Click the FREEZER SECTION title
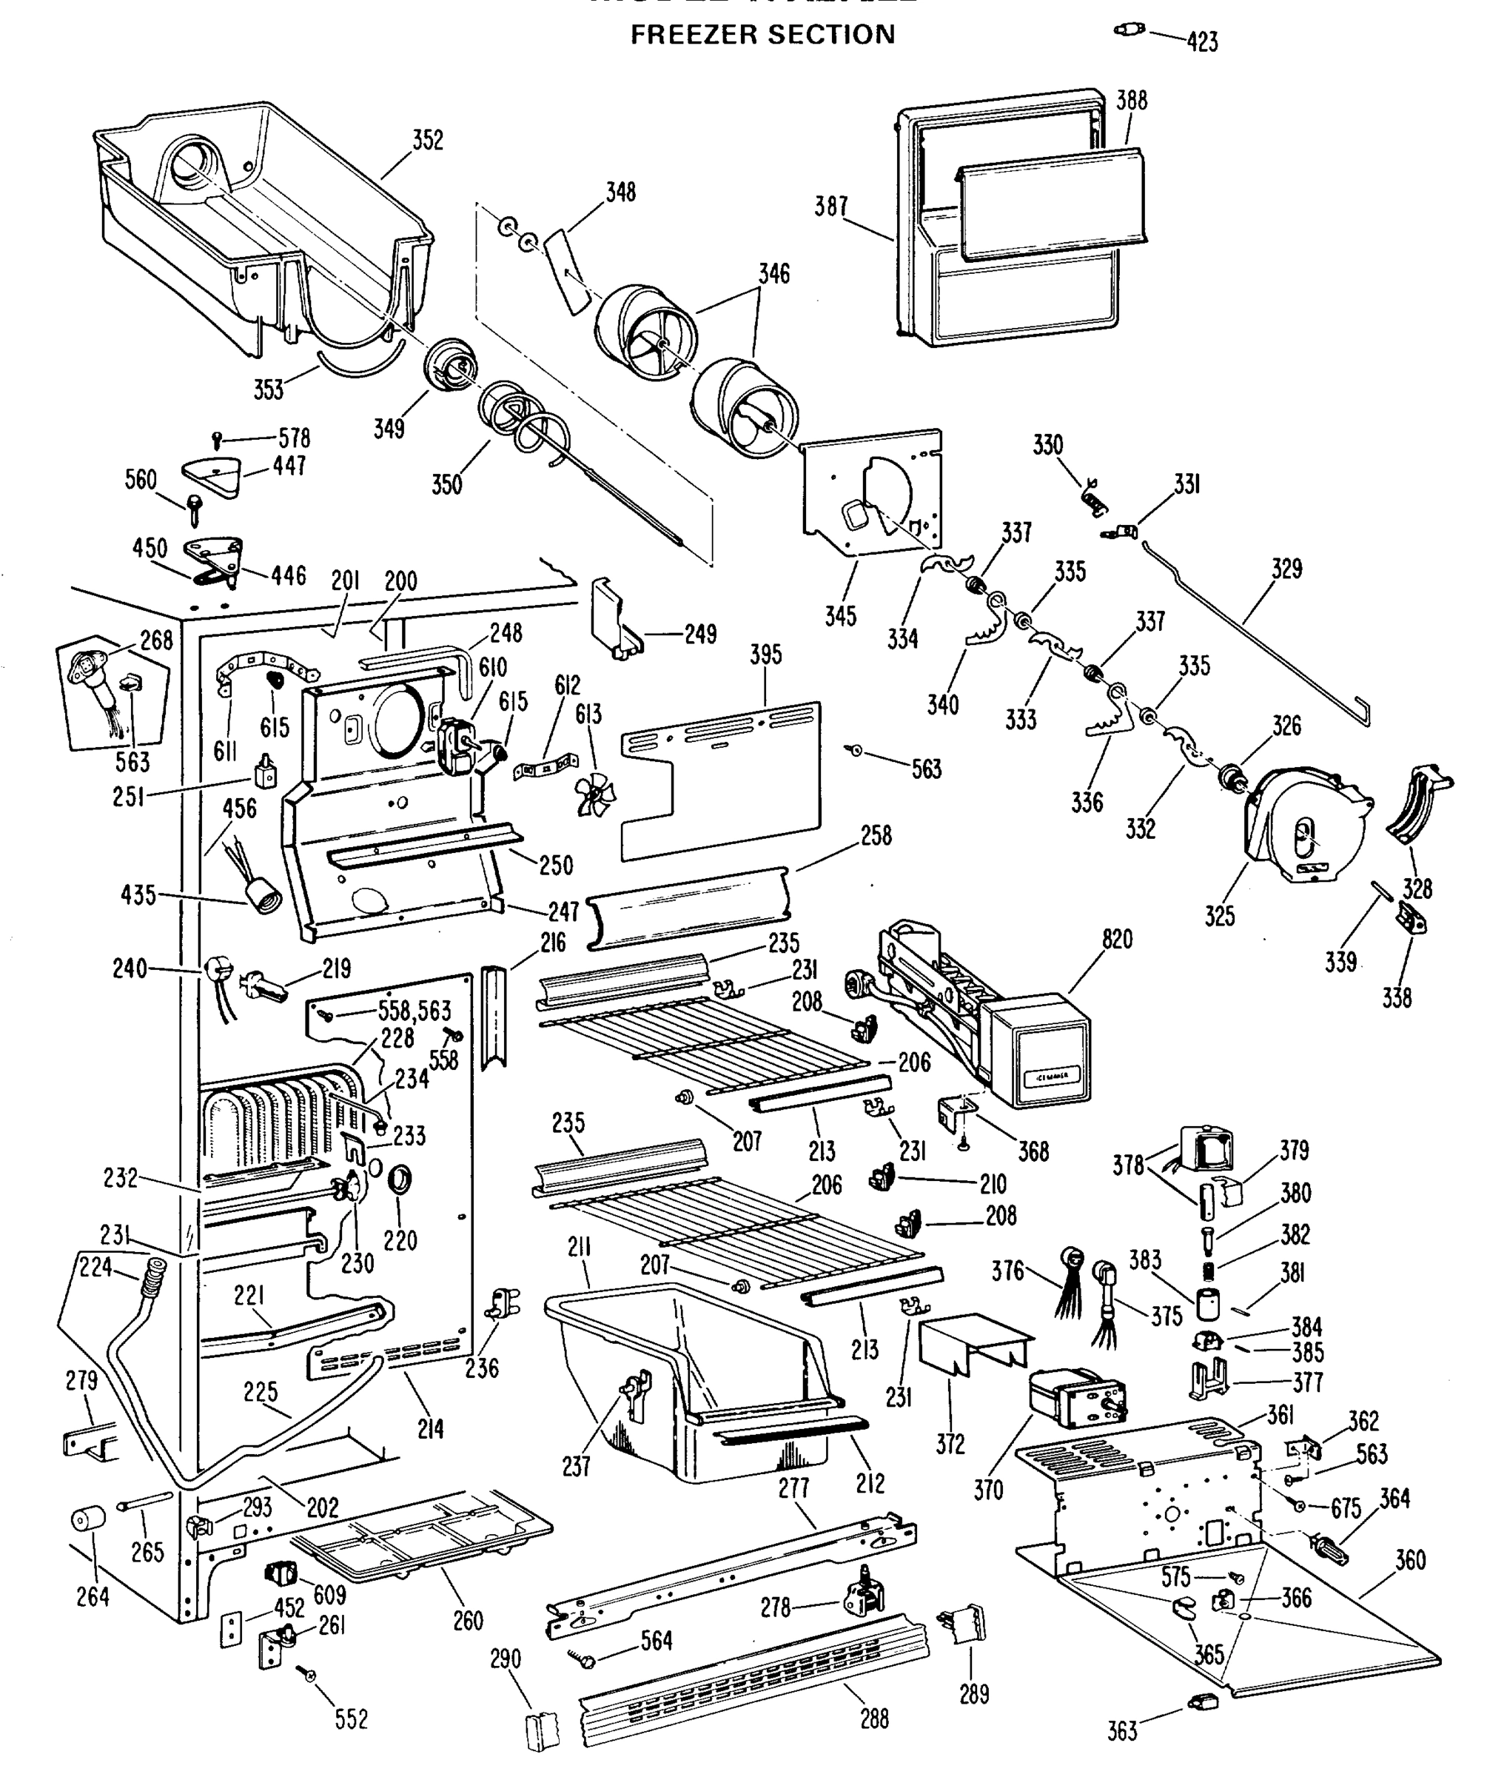762,35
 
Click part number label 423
1202,41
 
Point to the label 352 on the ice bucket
427,140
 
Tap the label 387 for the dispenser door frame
830,206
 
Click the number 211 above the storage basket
580,1248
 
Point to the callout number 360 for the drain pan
1410,1559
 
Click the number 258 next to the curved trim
876,835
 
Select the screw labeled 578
218,439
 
